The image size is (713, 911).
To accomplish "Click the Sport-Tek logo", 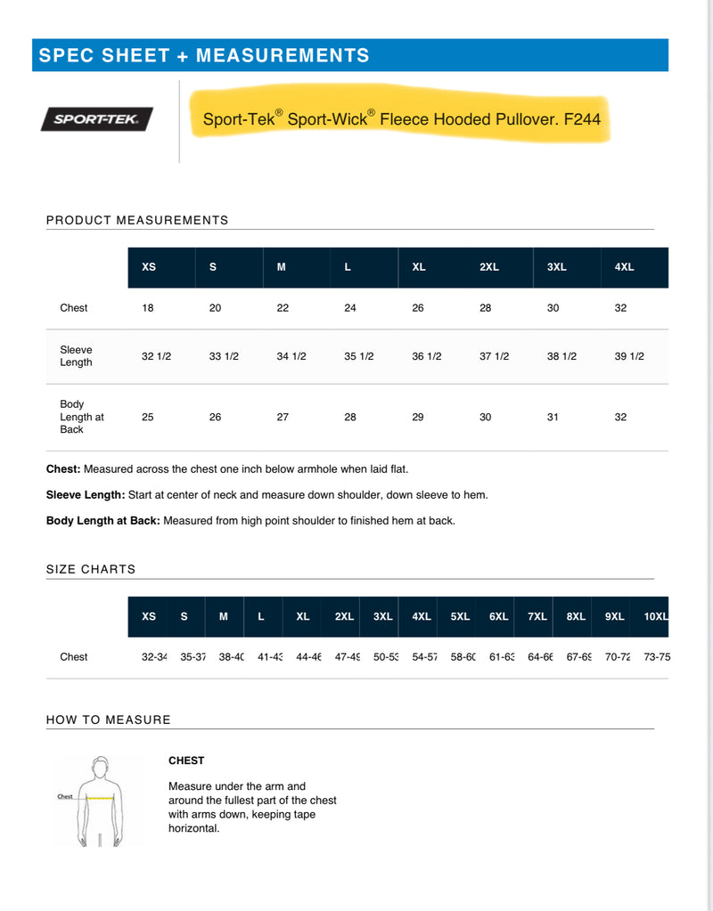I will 96,119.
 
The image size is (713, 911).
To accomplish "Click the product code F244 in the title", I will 582,118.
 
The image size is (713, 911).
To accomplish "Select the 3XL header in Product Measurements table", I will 556,267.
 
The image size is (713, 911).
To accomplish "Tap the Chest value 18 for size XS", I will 148,308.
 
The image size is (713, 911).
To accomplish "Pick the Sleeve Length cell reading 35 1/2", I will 359,356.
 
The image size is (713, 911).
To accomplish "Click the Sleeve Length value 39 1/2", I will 629,356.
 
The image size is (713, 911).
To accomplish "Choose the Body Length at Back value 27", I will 283,417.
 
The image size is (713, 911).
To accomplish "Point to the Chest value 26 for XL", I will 418,308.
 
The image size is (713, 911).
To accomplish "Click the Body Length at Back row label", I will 82,417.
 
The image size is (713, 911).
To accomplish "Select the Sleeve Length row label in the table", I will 76,356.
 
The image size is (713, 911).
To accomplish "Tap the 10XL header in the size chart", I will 656,616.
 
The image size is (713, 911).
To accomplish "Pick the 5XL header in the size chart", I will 460,616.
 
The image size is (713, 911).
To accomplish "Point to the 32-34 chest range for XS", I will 154,657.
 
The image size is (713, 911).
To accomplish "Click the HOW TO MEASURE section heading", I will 108,720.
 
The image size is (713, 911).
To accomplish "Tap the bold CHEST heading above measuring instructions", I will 186,761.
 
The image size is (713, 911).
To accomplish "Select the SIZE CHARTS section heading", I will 91,569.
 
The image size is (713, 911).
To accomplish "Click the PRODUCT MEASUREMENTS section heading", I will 137,220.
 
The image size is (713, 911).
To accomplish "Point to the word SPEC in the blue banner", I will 61,55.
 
